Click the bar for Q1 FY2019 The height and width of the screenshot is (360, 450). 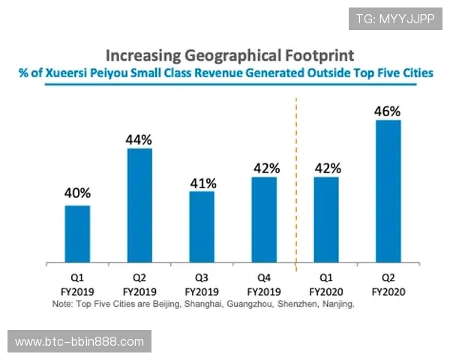[77, 234]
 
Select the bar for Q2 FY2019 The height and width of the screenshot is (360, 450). [139, 205]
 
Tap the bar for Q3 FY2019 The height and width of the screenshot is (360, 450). [202, 227]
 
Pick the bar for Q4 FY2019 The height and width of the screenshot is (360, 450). [264, 220]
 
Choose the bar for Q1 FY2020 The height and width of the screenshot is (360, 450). [326, 220]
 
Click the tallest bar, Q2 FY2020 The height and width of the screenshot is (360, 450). [388, 191]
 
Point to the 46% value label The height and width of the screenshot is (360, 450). [388, 111]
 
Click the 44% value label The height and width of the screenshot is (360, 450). [139, 139]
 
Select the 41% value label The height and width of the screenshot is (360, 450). [202, 182]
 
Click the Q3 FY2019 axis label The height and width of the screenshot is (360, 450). [202, 283]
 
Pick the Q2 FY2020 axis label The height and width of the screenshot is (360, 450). [388, 283]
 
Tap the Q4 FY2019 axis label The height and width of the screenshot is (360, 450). [264, 283]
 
